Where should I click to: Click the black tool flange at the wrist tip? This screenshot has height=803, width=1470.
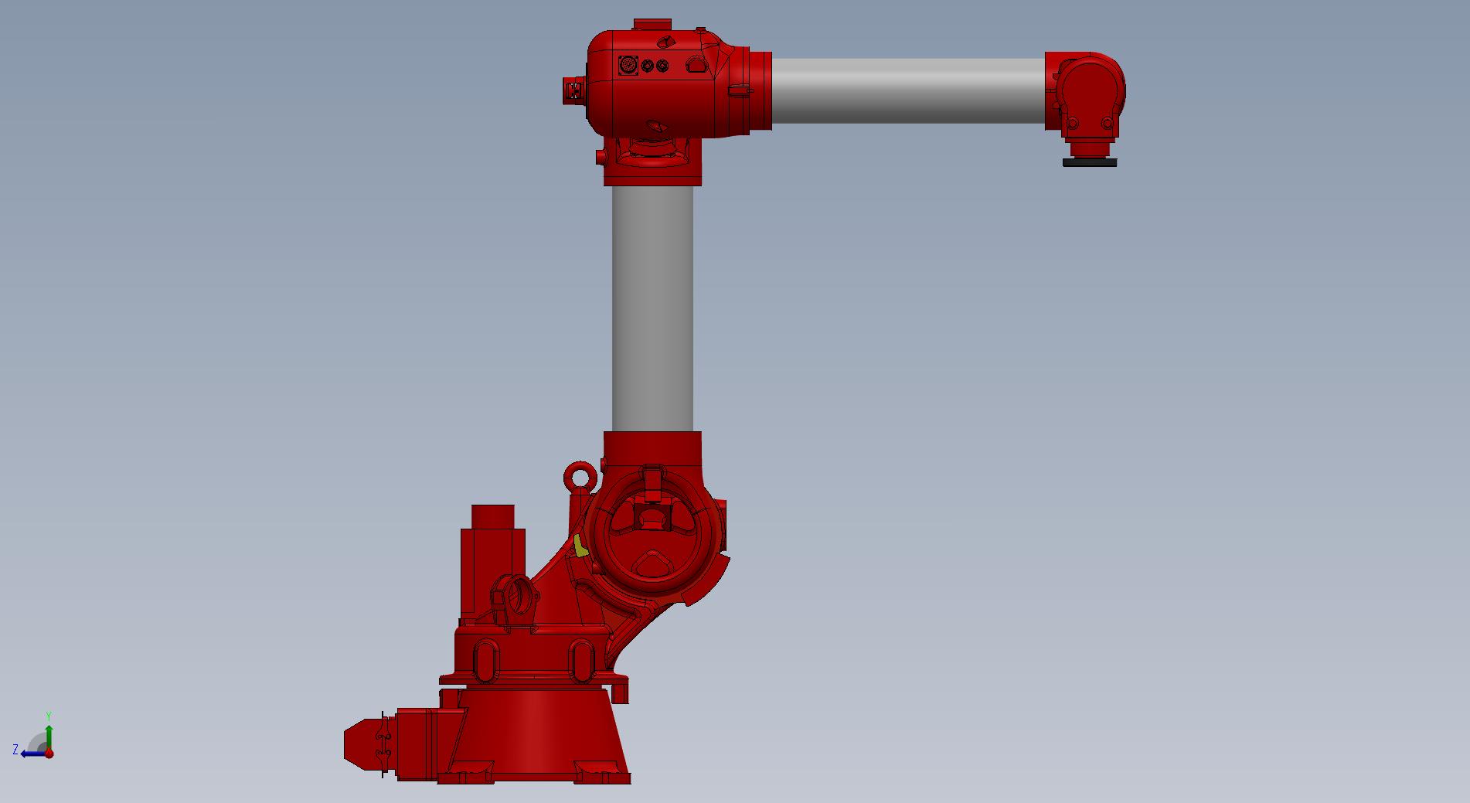click(1089, 162)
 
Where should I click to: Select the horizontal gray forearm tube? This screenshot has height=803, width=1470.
click(908, 90)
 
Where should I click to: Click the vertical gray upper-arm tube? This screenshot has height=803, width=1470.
click(653, 308)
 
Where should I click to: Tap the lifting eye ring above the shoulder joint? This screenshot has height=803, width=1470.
click(580, 476)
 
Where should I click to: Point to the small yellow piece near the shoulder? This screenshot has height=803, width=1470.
click(580, 546)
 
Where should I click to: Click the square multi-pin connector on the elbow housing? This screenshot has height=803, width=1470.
click(628, 65)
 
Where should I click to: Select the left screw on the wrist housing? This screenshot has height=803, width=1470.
click(1072, 123)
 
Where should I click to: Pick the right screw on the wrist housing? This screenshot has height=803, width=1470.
click(1108, 123)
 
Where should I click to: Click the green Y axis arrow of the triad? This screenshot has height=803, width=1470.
click(49, 737)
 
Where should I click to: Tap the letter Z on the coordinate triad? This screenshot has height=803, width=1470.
click(15, 750)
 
